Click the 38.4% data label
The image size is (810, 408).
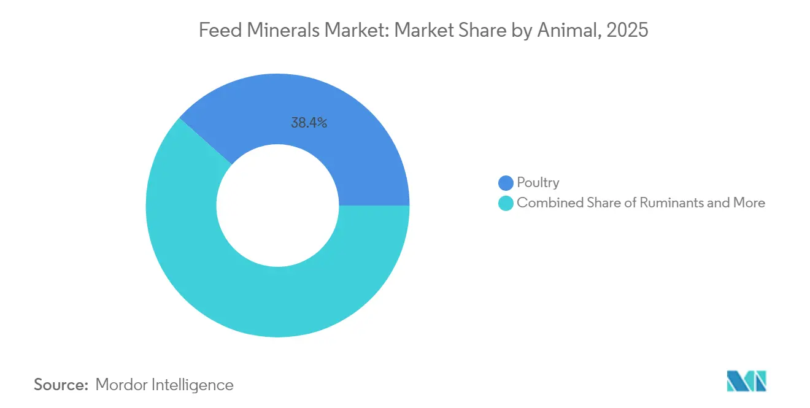pos(309,123)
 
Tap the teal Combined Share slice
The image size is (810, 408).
pos(245,288)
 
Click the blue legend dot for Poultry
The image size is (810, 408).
pos(506,183)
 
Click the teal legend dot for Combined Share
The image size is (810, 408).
pos(506,203)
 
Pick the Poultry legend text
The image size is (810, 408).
pos(538,183)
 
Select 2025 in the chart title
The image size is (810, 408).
pos(627,30)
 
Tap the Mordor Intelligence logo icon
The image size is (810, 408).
pos(746,381)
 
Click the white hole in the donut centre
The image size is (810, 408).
pos(277,205)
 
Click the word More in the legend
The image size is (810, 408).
pos(749,203)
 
